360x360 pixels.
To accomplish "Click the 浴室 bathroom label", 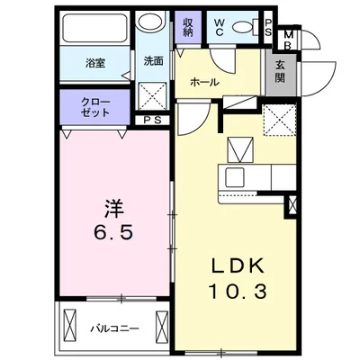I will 94,63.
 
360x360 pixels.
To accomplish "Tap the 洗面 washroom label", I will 152,61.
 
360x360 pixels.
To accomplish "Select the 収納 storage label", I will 187,26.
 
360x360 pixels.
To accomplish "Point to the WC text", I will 219,26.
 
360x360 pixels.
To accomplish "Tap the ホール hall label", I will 203,83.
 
